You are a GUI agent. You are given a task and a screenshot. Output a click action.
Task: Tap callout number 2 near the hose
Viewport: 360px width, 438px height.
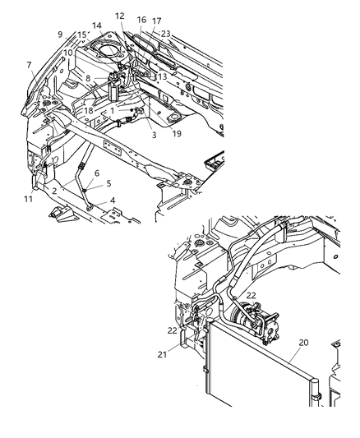tap(54, 191)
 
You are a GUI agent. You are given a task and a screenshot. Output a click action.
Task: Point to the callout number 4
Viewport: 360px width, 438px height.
tap(113, 200)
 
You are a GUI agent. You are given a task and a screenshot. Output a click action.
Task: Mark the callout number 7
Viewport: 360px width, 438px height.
tap(29, 64)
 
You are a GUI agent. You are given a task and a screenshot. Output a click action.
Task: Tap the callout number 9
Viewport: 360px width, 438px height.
tap(60, 34)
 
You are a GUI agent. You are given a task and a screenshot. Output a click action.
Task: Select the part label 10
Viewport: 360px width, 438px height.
tap(67, 53)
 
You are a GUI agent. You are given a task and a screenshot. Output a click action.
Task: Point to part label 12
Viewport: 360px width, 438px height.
tap(120, 16)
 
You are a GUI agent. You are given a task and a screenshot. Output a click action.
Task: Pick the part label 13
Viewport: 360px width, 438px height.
tap(162, 76)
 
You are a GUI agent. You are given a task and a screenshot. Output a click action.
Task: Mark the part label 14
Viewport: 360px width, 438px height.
tap(97, 26)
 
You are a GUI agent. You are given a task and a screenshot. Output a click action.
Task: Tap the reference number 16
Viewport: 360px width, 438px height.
tap(141, 19)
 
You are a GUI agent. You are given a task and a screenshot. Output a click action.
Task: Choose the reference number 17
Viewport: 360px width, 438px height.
tap(156, 21)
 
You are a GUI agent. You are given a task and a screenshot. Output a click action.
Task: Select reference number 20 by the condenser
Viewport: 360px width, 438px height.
tap(281, 342)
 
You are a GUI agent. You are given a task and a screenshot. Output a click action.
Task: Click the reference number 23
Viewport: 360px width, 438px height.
tap(165, 34)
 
